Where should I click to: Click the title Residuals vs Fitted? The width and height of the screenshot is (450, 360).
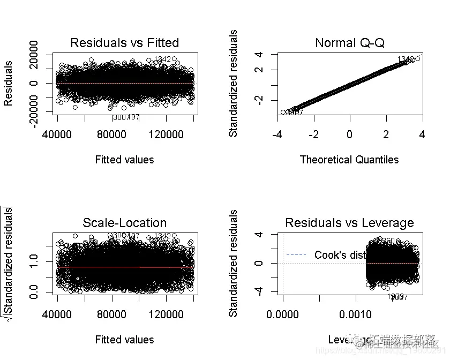coord(124,43)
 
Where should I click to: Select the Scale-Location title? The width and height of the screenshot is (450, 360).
coord(124,223)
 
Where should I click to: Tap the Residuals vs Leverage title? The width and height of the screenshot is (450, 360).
coord(349,223)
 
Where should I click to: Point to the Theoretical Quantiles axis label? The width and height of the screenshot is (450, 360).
coord(349,160)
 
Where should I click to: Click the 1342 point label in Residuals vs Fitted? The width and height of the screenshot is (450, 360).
coord(162,59)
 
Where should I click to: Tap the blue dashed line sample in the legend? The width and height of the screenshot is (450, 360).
coord(296,254)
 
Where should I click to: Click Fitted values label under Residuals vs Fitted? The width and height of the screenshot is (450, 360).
coord(124,160)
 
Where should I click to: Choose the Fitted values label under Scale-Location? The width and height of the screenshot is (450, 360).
coord(124,340)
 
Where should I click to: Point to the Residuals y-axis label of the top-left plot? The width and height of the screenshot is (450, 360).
coord(9,83)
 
